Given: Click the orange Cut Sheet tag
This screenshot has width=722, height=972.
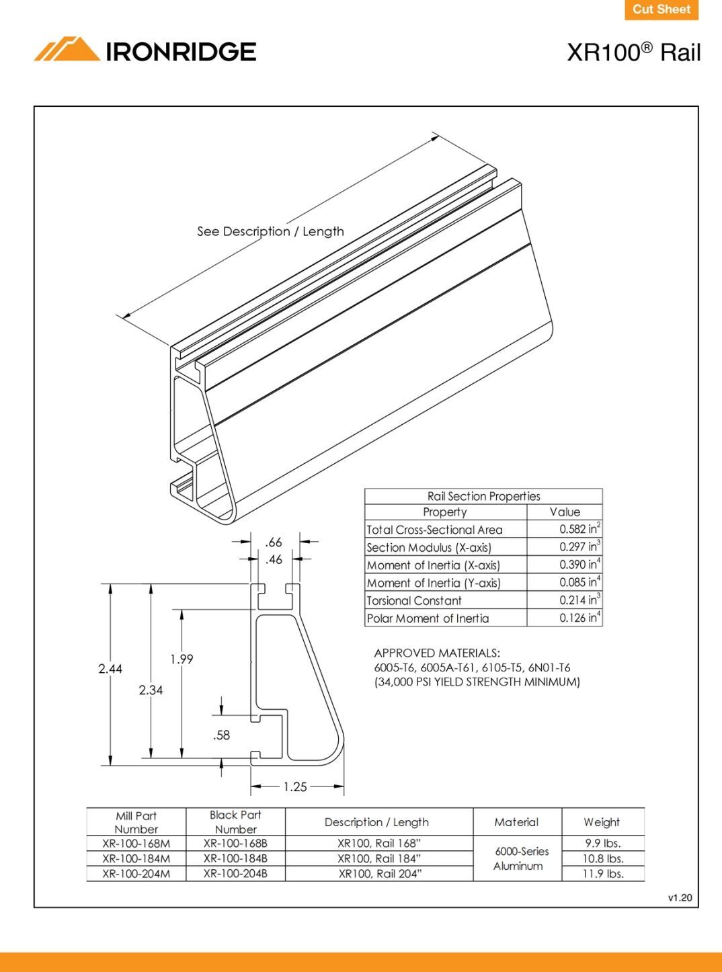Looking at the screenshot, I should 661,9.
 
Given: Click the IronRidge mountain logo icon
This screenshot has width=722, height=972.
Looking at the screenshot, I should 67,50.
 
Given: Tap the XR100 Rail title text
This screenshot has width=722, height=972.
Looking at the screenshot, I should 633,52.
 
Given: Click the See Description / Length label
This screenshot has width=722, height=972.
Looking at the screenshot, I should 270,231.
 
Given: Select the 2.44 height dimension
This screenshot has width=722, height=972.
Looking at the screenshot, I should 110,668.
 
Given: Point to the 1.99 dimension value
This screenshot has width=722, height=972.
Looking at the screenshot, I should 182,659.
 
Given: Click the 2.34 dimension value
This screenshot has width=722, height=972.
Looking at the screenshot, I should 151,690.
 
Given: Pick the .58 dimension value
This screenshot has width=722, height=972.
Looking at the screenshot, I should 221,735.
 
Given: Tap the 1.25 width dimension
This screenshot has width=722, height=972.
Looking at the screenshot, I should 295,786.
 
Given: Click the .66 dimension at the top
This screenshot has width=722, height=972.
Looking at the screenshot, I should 274,542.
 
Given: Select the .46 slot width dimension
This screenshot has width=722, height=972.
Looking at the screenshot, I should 274,559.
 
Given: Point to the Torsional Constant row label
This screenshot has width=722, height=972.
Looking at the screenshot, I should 414,601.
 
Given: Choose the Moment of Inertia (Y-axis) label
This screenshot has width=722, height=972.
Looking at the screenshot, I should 434,583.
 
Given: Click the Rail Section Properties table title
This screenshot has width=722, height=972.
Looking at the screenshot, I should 483,496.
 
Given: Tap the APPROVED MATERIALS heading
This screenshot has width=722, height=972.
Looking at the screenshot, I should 437,653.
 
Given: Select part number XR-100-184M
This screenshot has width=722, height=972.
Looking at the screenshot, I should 136,858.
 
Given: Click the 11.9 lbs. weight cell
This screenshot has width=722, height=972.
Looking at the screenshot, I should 602,874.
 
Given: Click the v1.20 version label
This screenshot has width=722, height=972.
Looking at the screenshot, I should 680,897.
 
